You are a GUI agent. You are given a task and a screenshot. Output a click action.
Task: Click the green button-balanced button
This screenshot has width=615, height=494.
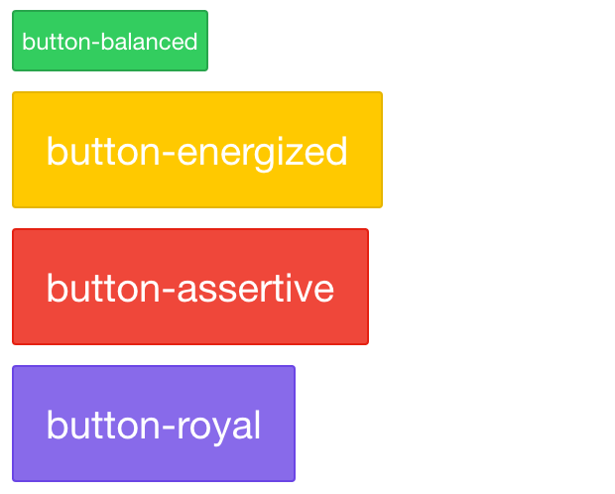click(110, 41)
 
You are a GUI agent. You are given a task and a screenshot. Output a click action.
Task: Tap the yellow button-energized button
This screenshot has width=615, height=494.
click(197, 150)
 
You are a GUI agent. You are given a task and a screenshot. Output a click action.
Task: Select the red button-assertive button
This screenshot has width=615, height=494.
click(190, 287)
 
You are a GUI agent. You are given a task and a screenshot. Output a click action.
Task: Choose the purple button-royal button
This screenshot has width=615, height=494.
click(154, 424)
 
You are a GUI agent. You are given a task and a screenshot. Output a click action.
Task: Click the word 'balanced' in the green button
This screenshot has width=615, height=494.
click(149, 42)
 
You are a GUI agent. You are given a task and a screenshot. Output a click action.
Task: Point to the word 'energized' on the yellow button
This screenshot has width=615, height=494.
click(263, 153)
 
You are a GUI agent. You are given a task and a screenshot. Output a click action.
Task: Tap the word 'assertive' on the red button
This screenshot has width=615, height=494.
click(256, 288)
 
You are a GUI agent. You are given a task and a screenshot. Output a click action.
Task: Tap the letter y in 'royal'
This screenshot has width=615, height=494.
click(227, 432)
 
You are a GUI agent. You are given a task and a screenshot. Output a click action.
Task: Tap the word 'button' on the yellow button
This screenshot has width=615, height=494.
click(104, 151)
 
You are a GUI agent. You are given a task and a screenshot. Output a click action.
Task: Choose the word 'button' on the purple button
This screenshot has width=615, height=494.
click(104, 425)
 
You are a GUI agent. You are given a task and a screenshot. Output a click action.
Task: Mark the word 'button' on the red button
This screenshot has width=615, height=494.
click(104, 288)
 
